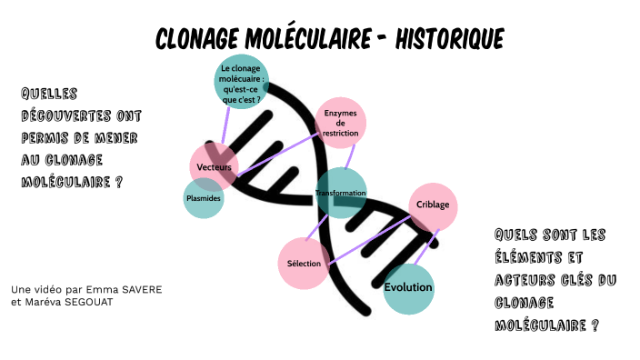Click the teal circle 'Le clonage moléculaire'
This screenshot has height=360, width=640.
coord(241,82)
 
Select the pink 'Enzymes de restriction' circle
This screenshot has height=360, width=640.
coord(341,123)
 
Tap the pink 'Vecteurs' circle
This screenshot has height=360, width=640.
coord(215,167)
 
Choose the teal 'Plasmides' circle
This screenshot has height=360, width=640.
coord(204,197)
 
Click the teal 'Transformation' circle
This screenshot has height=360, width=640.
coord(341,193)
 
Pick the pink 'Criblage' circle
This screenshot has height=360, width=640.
coord(433,205)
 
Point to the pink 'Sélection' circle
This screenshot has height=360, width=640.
coord(303,263)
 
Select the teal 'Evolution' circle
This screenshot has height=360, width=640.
coord(408,288)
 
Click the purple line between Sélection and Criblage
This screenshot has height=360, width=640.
coord(368,239)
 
